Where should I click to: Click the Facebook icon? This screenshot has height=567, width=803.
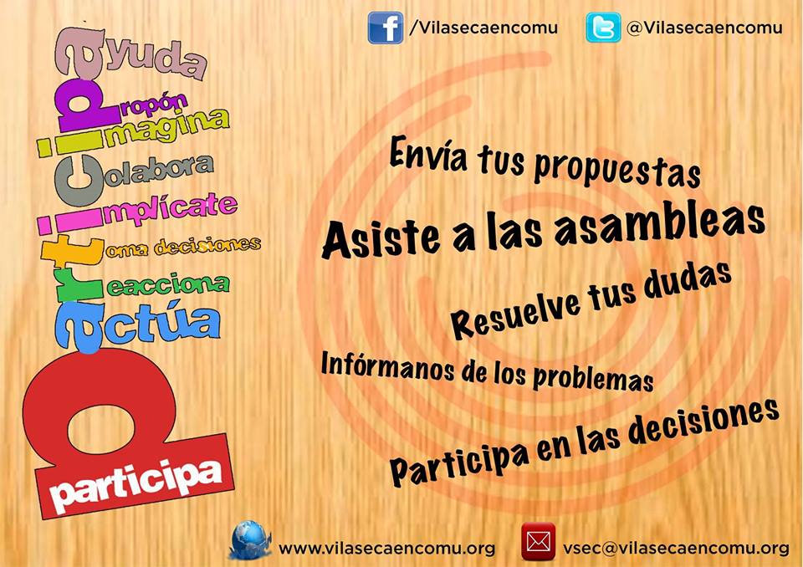point(385,28)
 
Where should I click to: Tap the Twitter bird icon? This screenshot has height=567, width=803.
point(603,28)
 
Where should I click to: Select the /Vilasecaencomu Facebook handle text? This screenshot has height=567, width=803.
point(483,28)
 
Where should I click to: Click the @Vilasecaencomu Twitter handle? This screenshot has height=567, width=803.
point(704,28)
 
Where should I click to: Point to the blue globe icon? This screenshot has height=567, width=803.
point(250,540)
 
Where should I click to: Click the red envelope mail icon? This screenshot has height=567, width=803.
point(538,541)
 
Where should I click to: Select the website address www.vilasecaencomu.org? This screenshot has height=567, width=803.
point(386,549)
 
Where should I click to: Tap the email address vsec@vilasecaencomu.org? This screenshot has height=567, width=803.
point(676,549)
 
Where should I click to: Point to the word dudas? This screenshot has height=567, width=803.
point(688,281)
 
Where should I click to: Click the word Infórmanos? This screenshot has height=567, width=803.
point(387,367)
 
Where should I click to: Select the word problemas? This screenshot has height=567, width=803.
point(593,378)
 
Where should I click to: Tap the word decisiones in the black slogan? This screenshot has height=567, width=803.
point(703,428)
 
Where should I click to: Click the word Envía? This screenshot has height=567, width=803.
point(428,153)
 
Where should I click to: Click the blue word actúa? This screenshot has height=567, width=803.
point(161,324)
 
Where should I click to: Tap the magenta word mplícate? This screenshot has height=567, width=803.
point(171,207)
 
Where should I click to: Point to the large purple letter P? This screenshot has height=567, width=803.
point(84,108)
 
